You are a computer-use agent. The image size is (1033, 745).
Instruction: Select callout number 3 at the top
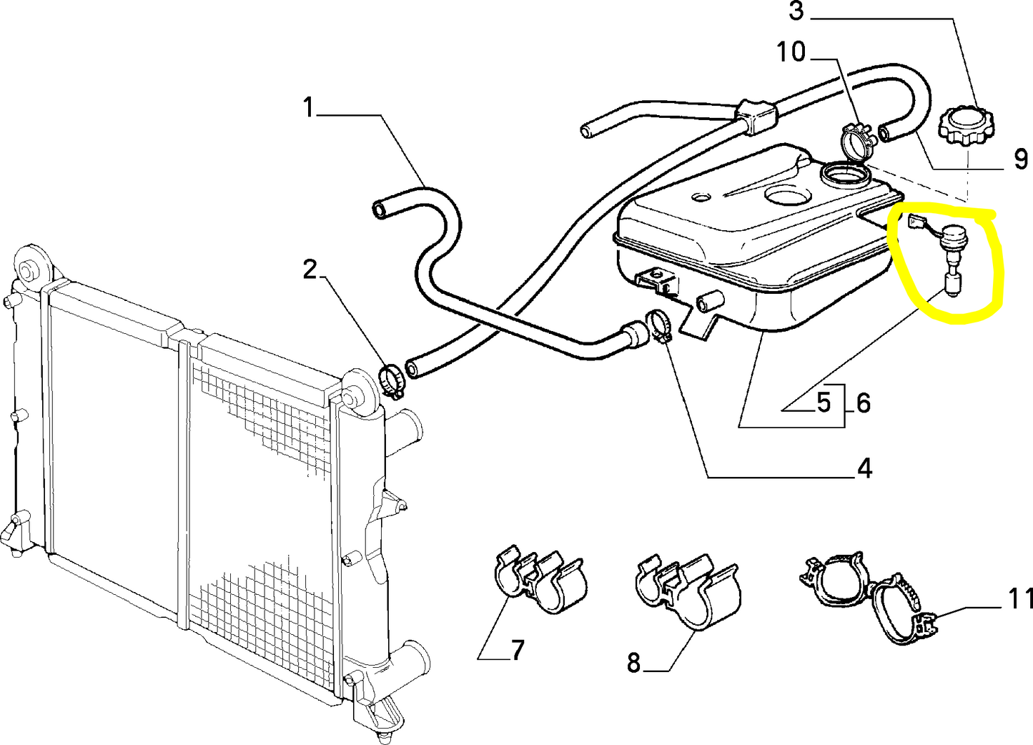pos(797,11)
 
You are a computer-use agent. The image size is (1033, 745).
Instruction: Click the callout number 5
pos(824,403)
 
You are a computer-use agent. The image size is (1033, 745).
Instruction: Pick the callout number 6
pos(863,403)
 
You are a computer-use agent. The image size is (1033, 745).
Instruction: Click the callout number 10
pos(791,51)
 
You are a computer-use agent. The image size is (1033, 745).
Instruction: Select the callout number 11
pos(1020,598)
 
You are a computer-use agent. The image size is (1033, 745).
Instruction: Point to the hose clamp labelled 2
pos(392,381)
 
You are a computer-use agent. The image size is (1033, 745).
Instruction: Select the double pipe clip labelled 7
pos(538,579)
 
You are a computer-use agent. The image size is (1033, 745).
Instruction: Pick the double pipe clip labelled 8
pos(687,591)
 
